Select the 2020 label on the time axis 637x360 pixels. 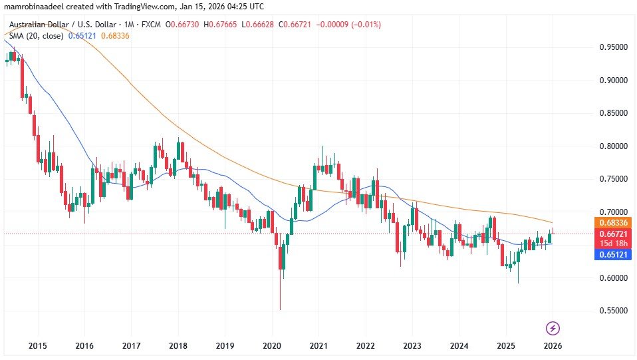coord(271,346)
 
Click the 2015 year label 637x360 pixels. coord(37,346)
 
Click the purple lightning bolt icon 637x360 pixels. coord(553,327)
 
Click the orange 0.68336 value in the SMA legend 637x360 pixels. coord(115,35)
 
